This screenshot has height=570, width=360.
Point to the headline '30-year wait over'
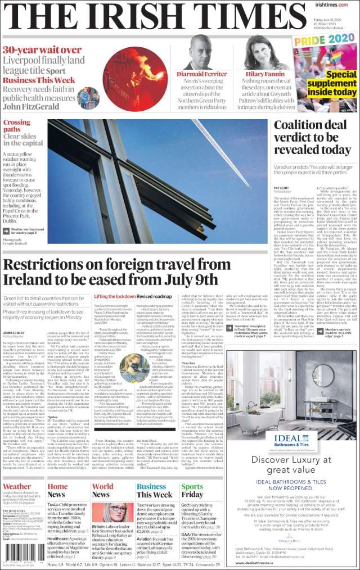pos(42,49)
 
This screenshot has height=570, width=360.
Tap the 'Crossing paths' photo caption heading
pos(17,126)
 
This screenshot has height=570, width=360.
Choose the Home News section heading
pos(57,490)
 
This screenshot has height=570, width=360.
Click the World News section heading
pos(103,490)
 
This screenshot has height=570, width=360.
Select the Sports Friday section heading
pos(192,490)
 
